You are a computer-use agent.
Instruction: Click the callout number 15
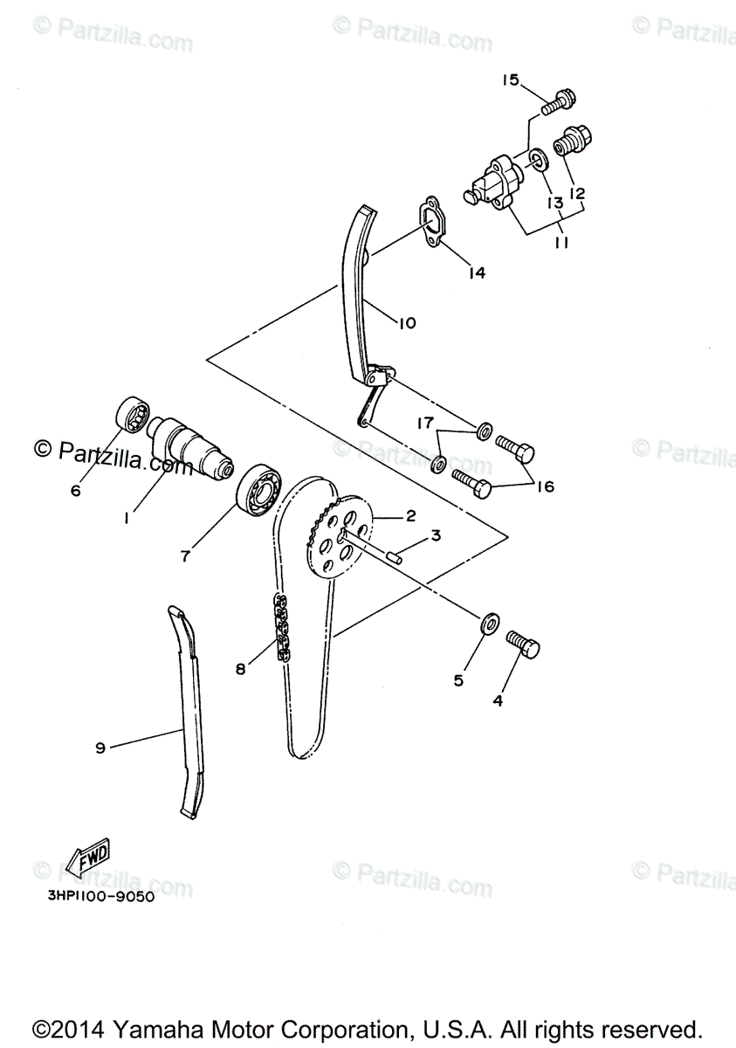coord(510,80)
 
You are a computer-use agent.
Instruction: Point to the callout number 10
coord(407,322)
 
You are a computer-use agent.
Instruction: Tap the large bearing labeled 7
coord(261,491)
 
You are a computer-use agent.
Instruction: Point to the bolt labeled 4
coord(523,647)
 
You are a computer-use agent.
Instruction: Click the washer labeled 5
coord(490,623)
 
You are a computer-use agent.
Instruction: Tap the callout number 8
coord(241,669)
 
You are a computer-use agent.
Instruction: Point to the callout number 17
coord(424,424)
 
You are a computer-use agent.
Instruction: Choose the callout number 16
coord(545,486)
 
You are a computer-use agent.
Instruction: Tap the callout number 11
coord(561,244)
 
